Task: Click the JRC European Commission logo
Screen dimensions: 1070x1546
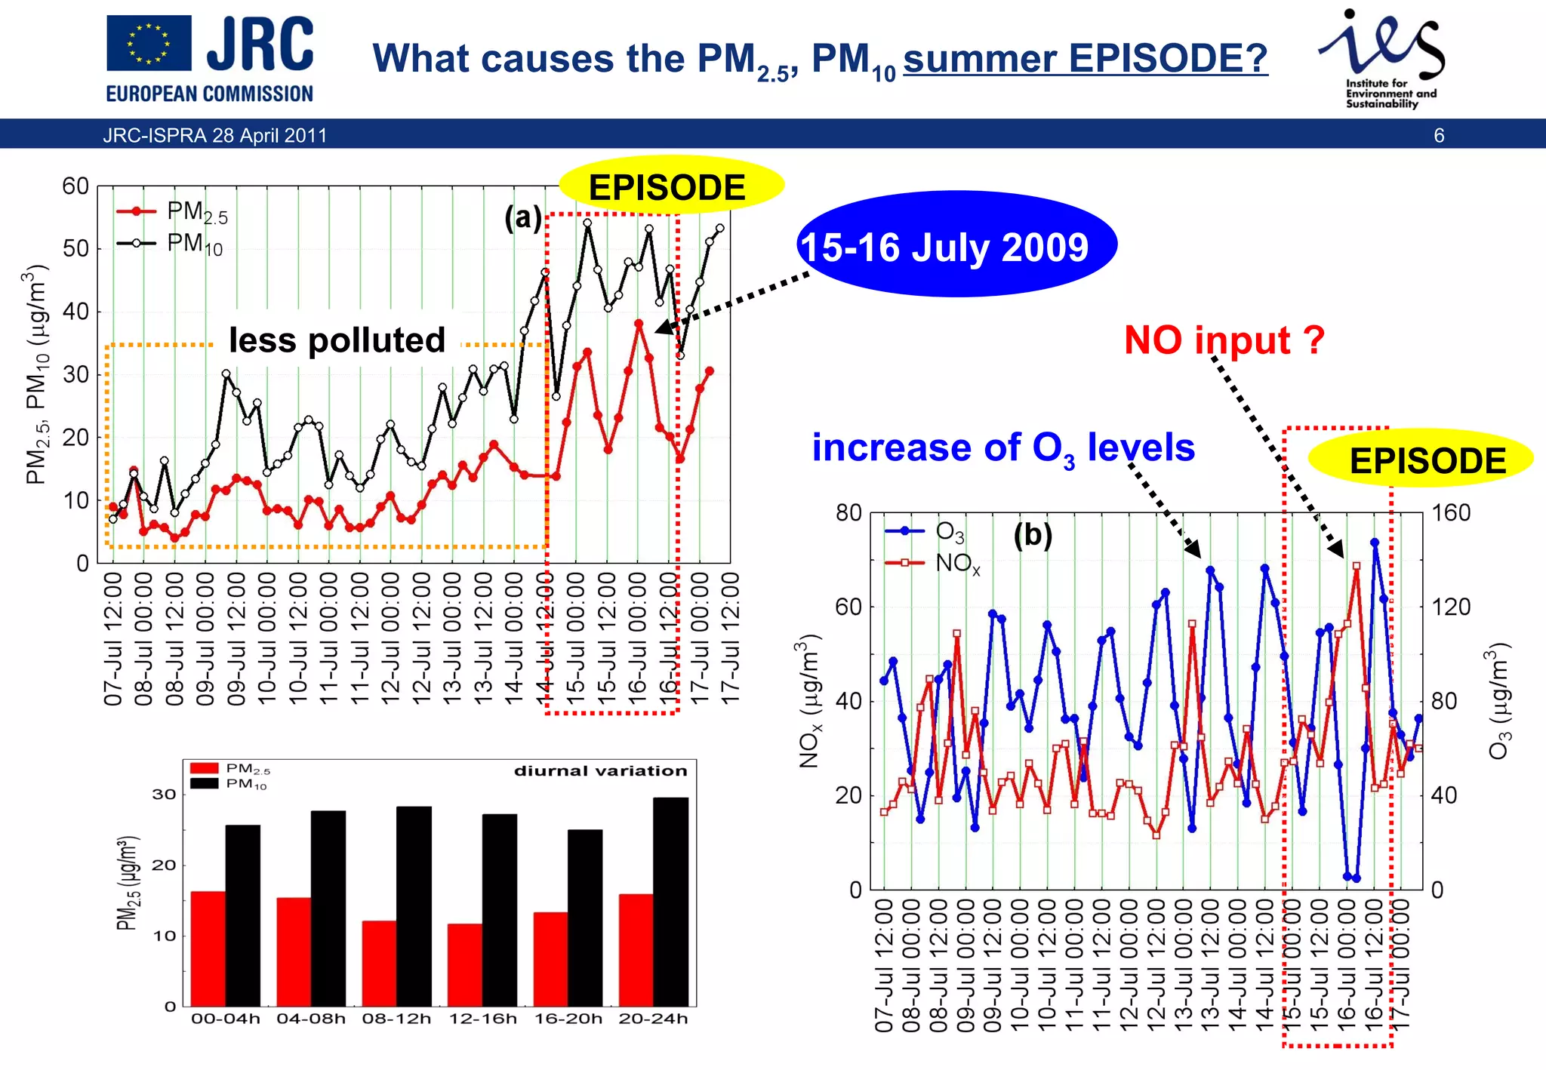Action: tap(209, 59)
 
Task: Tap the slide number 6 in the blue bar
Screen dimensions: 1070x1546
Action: tap(1439, 136)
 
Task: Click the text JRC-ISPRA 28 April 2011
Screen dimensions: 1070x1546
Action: tap(215, 136)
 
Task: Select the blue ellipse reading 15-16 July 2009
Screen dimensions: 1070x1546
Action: tap(956, 245)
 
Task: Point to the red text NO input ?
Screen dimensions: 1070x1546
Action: tap(1224, 340)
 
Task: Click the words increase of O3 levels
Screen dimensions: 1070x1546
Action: tap(1002, 448)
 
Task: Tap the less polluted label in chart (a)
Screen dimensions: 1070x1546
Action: tap(337, 340)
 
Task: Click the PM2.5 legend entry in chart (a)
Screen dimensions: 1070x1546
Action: tap(174, 212)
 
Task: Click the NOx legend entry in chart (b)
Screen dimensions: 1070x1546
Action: tap(935, 563)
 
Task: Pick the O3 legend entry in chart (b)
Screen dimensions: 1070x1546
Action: tap(928, 531)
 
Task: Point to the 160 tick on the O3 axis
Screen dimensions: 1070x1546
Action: tap(1450, 513)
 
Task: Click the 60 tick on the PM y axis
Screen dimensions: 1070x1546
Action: tap(75, 186)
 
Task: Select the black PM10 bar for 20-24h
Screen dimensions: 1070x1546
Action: tap(670, 901)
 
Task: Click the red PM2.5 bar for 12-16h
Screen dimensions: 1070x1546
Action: tap(464, 964)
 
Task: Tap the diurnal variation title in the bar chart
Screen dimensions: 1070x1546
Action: tap(600, 771)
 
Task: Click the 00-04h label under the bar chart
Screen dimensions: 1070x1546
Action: tap(225, 1019)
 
